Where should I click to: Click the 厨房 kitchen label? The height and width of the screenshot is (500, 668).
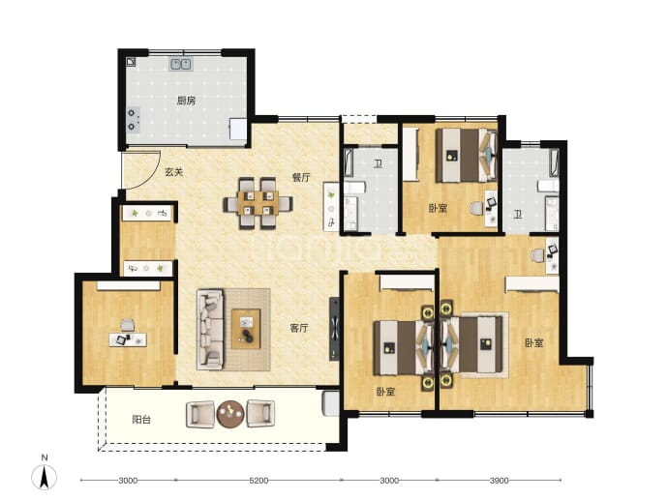click(x=186, y=101)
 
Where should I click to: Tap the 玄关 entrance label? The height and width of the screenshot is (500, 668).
click(x=174, y=172)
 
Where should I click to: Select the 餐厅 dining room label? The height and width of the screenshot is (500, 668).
click(x=301, y=177)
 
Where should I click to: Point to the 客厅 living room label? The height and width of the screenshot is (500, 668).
click(x=299, y=328)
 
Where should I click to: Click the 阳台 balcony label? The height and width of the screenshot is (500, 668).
click(x=141, y=420)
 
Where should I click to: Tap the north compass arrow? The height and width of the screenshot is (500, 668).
click(x=44, y=477)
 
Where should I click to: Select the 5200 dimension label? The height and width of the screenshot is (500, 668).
click(x=258, y=481)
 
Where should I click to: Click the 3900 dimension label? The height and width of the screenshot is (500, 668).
click(x=499, y=481)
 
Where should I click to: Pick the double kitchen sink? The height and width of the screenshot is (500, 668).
click(x=181, y=64)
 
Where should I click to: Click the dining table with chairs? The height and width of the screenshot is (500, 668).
click(x=258, y=203)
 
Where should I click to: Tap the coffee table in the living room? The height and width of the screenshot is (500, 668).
click(x=246, y=329)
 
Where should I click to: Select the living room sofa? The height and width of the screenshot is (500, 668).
click(x=210, y=330)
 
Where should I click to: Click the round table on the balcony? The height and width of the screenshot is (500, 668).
click(x=230, y=414)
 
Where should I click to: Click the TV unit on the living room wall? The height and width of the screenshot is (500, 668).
click(x=334, y=329)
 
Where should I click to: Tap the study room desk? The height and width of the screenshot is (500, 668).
click(x=128, y=339)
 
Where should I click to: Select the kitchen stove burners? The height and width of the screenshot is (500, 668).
click(x=133, y=120)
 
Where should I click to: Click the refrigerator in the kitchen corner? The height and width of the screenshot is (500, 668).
click(x=238, y=129)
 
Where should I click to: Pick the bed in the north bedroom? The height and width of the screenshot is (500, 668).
click(x=466, y=156)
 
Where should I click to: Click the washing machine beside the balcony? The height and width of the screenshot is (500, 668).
click(x=331, y=403)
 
